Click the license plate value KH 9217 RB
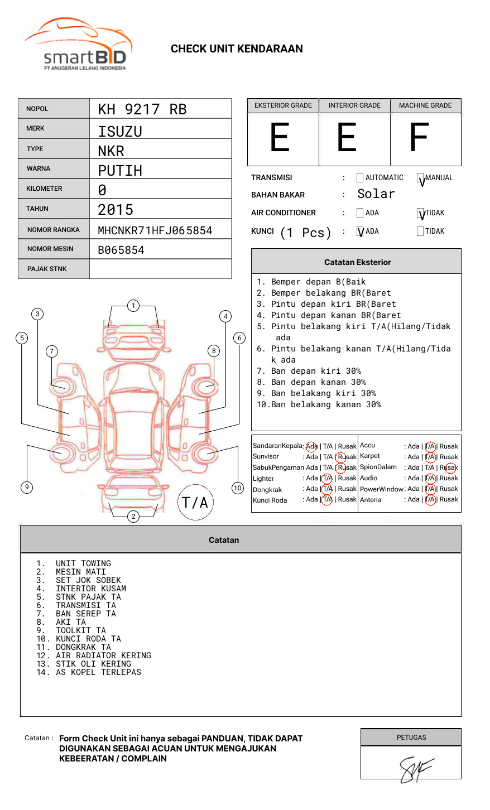(142, 109)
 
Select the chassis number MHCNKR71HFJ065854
(155, 230)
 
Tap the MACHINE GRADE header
(425, 105)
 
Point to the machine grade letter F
(419, 138)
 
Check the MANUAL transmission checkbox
(421, 179)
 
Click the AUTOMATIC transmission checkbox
(360, 178)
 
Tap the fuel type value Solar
(376, 194)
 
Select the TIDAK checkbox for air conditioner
(421, 213)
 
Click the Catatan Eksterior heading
(357, 262)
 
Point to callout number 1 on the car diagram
(133, 306)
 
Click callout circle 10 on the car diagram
(238, 488)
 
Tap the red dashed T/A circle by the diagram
(195, 503)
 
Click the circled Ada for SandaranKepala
(311, 446)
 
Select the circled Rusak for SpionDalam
(450, 467)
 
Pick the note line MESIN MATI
(80, 572)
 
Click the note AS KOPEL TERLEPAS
(98, 672)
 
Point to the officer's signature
(415, 769)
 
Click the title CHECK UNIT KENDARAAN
(237, 49)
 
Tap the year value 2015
(116, 210)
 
